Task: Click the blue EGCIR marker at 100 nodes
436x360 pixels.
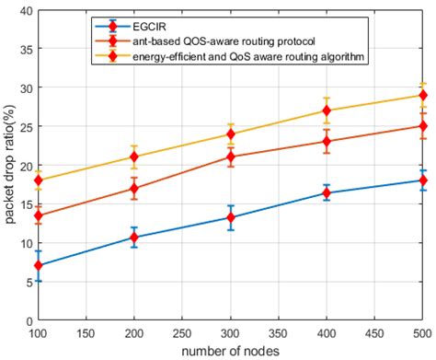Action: pyautogui.click(x=39, y=265)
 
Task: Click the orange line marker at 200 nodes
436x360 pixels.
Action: pyautogui.click(x=134, y=189)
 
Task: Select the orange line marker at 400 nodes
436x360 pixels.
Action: pyautogui.click(x=327, y=141)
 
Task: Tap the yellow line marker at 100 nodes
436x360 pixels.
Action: pyautogui.click(x=39, y=180)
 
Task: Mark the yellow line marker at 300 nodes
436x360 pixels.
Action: pyautogui.click(x=231, y=134)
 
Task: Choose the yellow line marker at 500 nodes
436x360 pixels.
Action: pyautogui.click(x=423, y=95)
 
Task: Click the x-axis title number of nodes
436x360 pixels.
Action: pyautogui.click(x=230, y=351)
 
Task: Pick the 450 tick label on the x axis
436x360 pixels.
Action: pyautogui.click(x=374, y=332)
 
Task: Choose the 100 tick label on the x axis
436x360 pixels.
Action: pyautogui.click(x=39, y=332)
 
